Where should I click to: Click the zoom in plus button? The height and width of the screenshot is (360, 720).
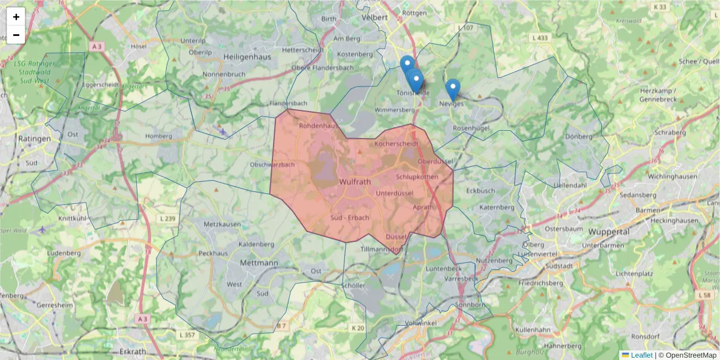click(16, 17)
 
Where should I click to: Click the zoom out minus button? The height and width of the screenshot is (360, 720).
click(16, 35)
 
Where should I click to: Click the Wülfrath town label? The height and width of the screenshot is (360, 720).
click(355, 181)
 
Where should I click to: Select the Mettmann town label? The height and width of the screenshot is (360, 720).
click(259, 263)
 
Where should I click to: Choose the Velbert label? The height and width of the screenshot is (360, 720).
click(376, 17)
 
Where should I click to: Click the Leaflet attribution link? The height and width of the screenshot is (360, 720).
click(641, 355)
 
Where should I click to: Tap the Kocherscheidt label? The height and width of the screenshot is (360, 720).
click(396, 145)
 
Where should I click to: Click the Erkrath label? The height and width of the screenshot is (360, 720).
click(133, 351)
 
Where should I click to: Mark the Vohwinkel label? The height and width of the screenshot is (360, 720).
click(420, 322)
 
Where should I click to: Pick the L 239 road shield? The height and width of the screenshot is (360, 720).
click(169, 218)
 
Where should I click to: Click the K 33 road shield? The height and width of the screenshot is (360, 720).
click(660, 7)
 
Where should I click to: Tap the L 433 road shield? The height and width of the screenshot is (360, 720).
click(540, 38)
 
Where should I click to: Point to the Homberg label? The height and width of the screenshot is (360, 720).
click(158, 136)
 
